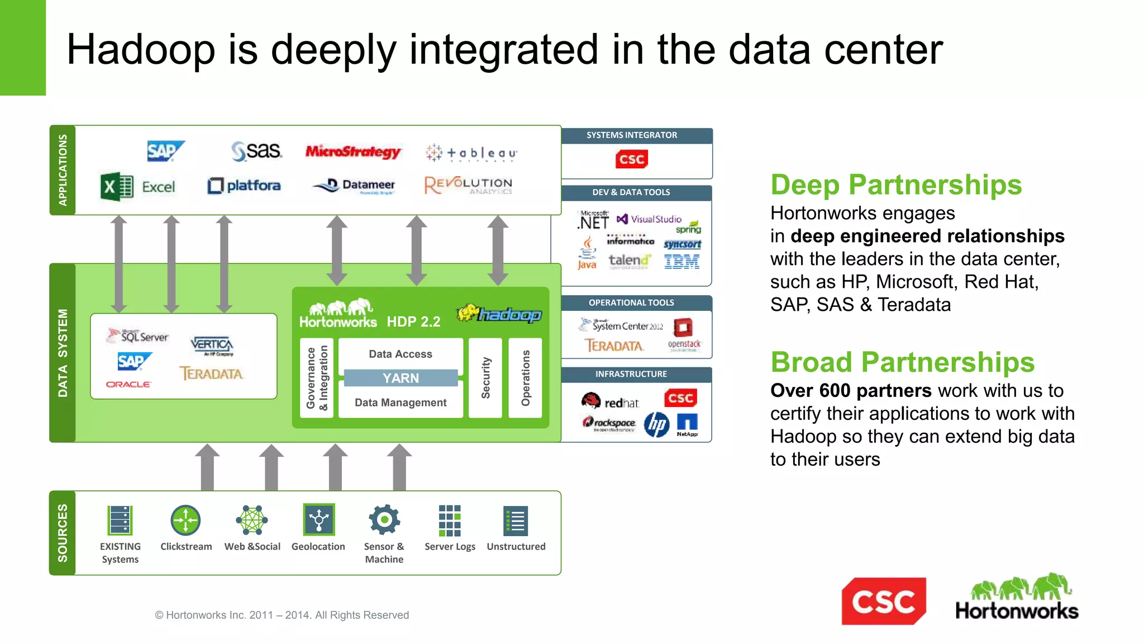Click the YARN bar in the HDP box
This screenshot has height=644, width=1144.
click(x=401, y=378)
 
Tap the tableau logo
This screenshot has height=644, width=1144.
click(x=470, y=153)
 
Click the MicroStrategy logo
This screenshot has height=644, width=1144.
click(x=353, y=151)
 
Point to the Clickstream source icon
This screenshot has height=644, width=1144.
click(x=185, y=520)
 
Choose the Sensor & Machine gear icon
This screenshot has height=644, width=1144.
click(x=384, y=520)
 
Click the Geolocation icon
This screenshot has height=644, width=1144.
click(x=318, y=520)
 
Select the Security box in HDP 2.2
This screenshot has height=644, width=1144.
click(x=485, y=378)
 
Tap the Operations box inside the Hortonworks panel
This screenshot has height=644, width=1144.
click(x=525, y=378)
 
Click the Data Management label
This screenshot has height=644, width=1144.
click(x=401, y=402)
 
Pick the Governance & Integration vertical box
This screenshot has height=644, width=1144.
click(x=317, y=378)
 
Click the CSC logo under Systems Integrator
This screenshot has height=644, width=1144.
click(x=632, y=159)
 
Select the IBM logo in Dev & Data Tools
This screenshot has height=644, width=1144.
click(x=681, y=262)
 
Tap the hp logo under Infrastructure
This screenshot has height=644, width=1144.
click(x=656, y=425)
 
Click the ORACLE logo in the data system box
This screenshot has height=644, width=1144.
click(x=128, y=385)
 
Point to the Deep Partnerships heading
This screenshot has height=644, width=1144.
click(x=896, y=185)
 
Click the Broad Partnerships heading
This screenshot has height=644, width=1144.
click(x=902, y=362)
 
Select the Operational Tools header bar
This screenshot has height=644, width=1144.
click(x=631, y=302)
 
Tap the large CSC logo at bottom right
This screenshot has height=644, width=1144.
click(x=884, y=602)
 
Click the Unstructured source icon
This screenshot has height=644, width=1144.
click(x=516, y=520)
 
